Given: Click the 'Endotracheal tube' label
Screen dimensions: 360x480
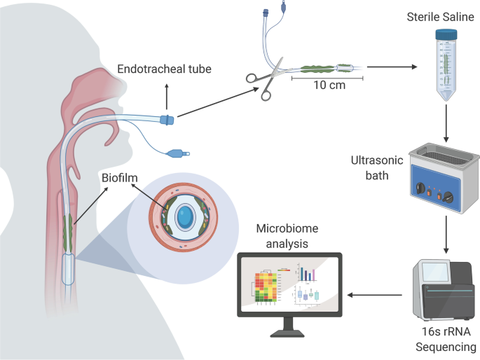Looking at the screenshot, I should coord(164,69).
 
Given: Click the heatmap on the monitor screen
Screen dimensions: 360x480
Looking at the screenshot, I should coord(267,288).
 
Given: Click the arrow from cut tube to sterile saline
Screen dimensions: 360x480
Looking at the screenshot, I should coord(392,68).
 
